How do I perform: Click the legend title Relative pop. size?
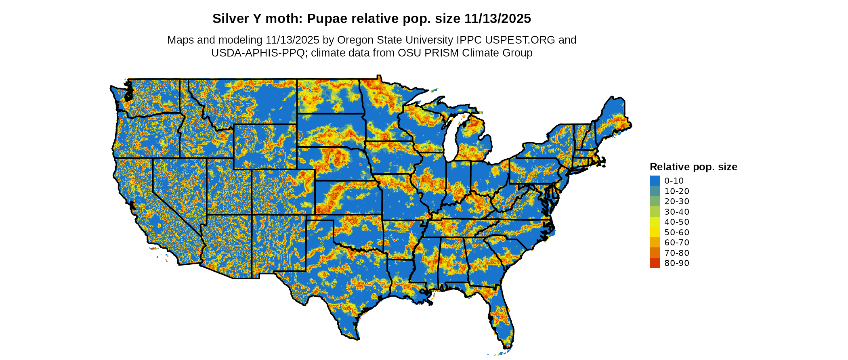pyautogui.click(x=693, y=167)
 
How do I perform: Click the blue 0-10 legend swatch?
pyautogui.click(x=655, y=181)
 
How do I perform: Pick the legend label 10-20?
pyautogui.click(x=677, y=191)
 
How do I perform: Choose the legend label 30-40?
pyautogui.click(x=677, y=212)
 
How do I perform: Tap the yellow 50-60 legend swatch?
pyautogui.click(x=655, y=232)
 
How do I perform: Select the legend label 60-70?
pyautogui.click(x=677, y=243)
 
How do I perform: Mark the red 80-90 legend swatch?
pyautogui.click(x=655, y=263)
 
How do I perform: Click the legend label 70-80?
pyautogui.click(x=677, y=253)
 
